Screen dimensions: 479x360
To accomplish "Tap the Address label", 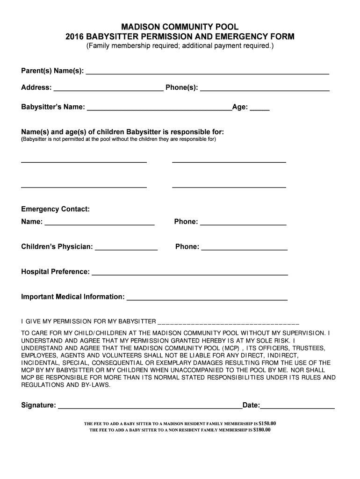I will [x=36, y=87].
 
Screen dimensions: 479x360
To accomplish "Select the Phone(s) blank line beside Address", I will [x=265, y=89].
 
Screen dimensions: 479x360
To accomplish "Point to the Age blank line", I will [x=259, y=110].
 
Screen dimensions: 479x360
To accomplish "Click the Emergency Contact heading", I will [x=55, y=209].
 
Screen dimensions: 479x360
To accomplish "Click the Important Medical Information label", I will [x=73, y=297].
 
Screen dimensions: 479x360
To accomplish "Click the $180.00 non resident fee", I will [x=261, y=430].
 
